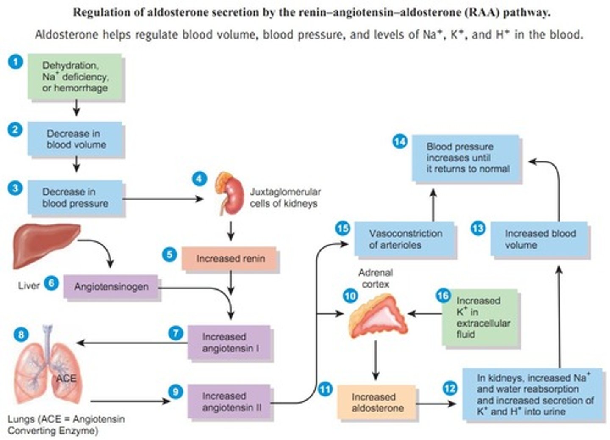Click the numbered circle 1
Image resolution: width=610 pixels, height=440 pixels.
[15, 62]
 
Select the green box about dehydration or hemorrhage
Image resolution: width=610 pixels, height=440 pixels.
[75, 77]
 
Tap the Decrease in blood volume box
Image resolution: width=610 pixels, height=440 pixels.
[75, 139]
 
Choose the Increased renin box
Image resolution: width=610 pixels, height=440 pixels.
[230, 258]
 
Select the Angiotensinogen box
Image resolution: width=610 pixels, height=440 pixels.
[111, 287]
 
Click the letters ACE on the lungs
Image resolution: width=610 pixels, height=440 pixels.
[67, 378]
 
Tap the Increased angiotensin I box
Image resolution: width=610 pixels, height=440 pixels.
[229, 343]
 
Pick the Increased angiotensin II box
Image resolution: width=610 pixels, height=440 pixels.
[229, 402]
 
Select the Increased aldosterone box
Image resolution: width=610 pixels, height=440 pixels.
[377, 402]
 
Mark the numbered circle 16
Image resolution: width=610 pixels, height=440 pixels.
[443, 296]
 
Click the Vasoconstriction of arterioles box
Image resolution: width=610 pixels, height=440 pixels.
[405, 239]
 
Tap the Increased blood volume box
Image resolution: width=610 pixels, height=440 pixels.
[539, 239]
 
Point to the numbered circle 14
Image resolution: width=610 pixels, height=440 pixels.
[399, 141]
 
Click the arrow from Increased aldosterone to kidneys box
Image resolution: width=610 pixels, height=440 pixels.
[436, 404]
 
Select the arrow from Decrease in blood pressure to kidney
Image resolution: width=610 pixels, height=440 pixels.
[163, 199]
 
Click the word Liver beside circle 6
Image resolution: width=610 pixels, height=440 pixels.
[29, 285]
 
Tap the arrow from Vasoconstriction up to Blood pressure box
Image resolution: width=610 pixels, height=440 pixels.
[433, 205]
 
